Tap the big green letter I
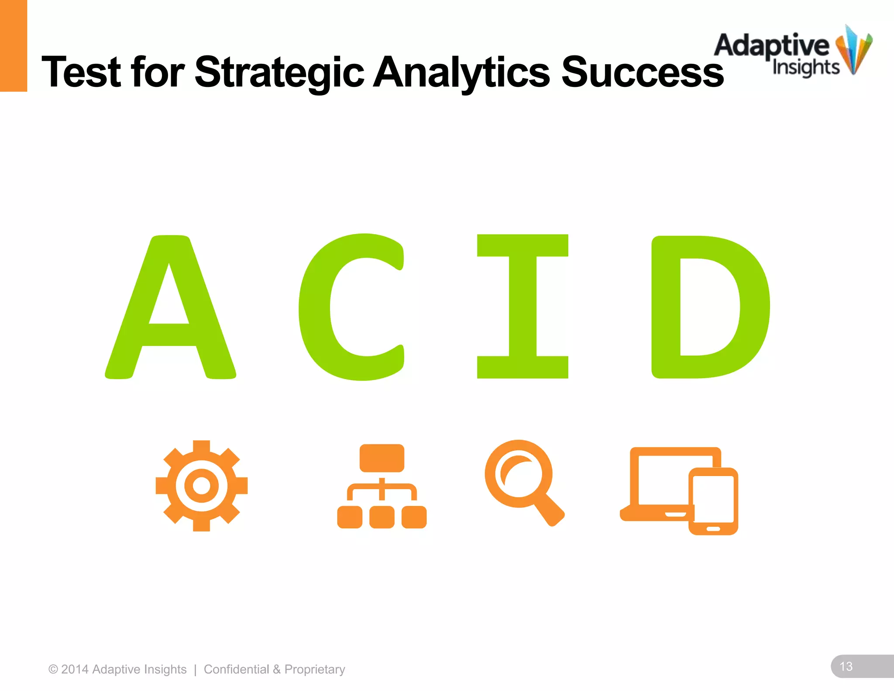coord(523,306)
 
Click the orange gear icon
coord(201,486)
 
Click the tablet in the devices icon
coord(713,501)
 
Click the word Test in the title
coord(81,72)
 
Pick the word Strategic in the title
coord(279,72)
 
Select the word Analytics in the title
coord(461,72)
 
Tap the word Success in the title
coord(642,72)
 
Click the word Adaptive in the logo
coord(771,46)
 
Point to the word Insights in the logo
coord(805,68)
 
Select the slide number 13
coord(846,667)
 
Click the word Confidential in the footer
coord(236,669)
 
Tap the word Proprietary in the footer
coord(315,670)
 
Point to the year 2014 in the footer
coord(75,669)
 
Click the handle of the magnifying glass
coord(549,509)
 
